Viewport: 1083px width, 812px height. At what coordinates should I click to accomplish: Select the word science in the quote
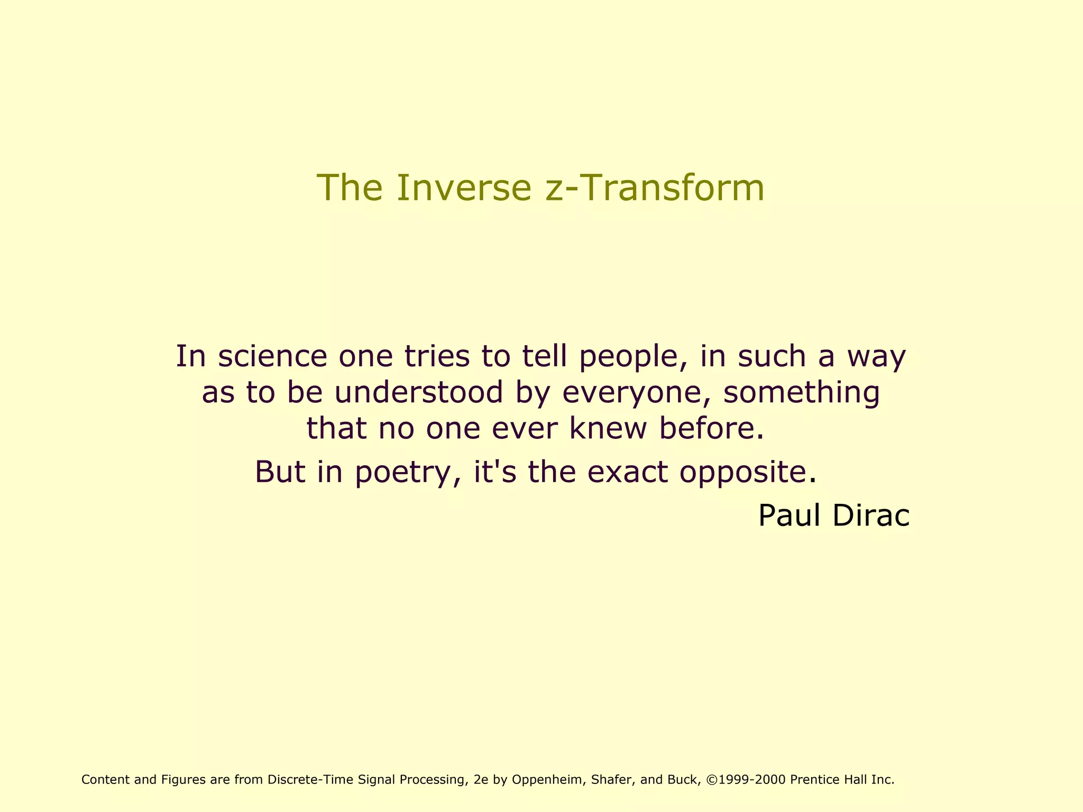[272, 356]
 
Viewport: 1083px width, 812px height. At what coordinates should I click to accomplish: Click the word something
[802, 393]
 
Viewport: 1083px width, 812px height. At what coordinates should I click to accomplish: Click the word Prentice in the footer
[813, 780]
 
